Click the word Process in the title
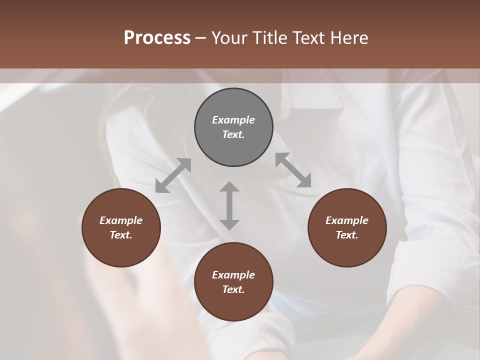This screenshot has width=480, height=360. tap(157, 38)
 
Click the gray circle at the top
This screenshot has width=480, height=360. tap(233, 127)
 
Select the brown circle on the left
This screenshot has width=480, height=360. tap(121, 227)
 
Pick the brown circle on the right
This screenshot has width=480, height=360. tap(347, 227)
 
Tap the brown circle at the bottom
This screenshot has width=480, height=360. tap(233, 282)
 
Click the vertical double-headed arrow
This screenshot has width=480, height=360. tap(229, 205)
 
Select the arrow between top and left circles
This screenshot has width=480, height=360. tap(173, 175)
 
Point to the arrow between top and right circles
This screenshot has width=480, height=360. tap(293, 170)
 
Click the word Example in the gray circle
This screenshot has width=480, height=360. tap(233, 120)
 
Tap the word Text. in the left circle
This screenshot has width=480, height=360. tap(121, 235)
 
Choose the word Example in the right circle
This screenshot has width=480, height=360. tap(347, 220)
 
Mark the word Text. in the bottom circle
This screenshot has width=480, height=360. tap(233, 289)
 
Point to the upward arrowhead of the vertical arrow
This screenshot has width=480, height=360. tap(229, 187)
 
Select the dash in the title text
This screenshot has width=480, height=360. tap(201, 38)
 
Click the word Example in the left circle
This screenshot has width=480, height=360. tap(121, 220)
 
